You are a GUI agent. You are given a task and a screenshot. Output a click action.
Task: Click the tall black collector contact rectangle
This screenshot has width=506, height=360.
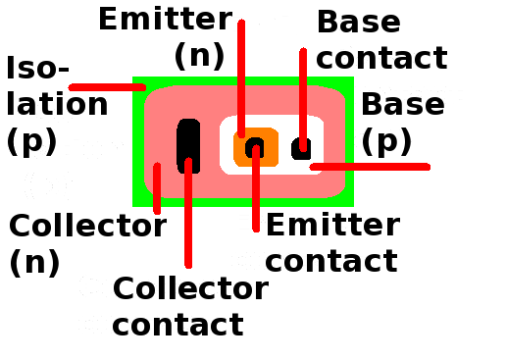[x=188, y=145]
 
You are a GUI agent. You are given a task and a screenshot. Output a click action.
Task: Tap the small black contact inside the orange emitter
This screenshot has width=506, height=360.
[x=254, y=147]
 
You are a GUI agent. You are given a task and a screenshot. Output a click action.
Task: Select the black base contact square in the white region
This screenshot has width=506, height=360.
[x=301, y=148]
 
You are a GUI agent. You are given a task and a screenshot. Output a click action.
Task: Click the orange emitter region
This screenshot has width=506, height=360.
[x=241, y=148]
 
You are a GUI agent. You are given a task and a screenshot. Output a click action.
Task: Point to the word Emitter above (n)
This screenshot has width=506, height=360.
[x=165, y=19]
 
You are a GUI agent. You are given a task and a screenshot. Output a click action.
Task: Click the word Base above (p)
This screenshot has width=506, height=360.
[x=402, y=104]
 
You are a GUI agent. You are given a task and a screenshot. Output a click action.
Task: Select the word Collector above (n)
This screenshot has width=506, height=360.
[x=87, y=227]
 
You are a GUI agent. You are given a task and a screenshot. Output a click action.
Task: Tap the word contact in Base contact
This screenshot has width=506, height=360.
[x=380, y=58]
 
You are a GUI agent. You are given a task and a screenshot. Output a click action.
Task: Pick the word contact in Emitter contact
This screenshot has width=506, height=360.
[x=331, y=261]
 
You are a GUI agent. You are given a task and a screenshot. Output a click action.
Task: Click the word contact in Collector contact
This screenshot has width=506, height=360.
[x=177, y=324]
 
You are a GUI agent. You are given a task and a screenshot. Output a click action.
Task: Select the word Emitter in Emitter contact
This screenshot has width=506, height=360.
[x=332, y=225]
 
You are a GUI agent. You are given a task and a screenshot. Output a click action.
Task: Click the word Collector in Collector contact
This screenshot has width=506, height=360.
[x=190, y=288]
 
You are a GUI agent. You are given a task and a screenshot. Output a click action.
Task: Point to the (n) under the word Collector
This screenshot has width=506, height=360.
[x=34, y=262]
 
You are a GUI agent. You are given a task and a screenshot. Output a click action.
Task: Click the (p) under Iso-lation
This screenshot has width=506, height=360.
[x=31, y=141]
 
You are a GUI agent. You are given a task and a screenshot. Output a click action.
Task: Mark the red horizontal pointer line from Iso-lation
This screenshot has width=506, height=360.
[x=107, y=87]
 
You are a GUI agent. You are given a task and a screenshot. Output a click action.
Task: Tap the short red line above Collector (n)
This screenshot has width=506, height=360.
[x=156, y=179]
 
